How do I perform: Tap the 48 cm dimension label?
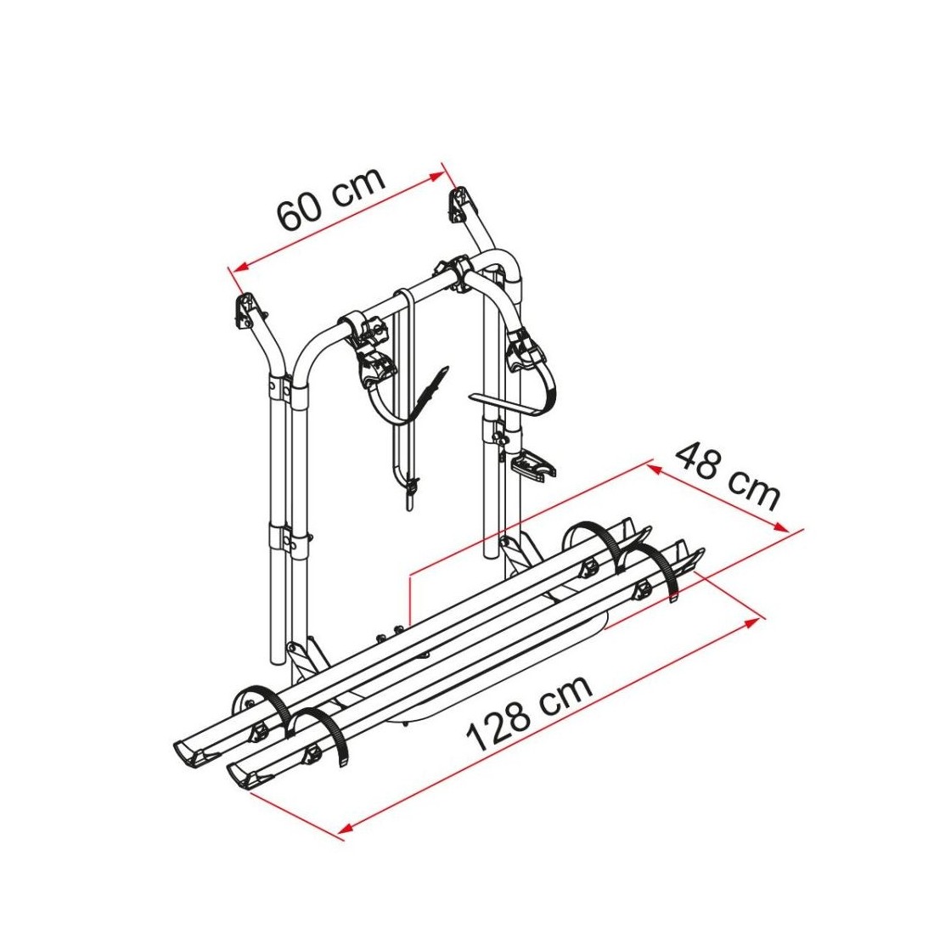point(727,475)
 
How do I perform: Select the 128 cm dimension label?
point(528,712)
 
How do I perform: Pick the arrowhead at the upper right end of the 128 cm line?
point(753,622)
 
